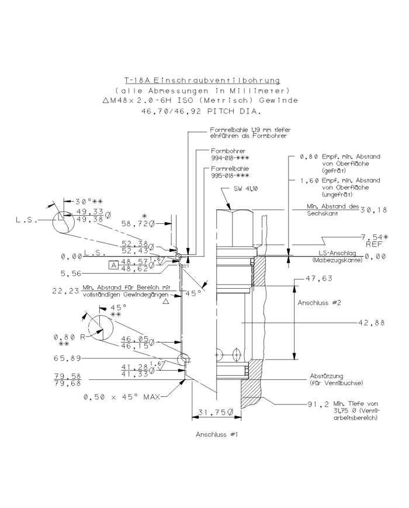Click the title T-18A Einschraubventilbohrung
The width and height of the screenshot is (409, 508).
(x=202, y=80)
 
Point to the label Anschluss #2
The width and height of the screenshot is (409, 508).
(x=315, y=304)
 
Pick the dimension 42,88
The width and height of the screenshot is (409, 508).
(x=372, y=322)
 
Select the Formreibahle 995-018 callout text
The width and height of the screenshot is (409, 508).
(x=228, y=172)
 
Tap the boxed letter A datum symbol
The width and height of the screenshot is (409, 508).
(x=113, y=264)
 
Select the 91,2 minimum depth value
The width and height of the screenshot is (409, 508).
(x=320, y=403)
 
